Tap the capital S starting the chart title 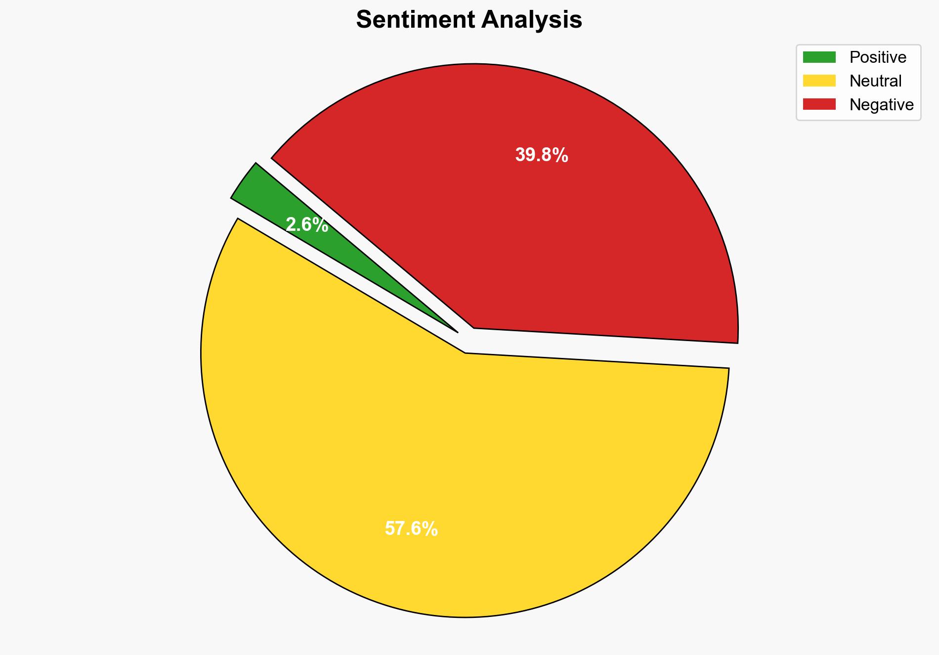364,20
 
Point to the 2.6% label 307,225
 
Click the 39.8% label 542,155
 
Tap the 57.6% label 411,529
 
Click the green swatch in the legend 819,57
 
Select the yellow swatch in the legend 819,81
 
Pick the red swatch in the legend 819,104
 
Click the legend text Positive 878,57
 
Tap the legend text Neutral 875,81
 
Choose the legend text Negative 881,105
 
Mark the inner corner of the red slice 474,327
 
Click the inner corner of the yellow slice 465,352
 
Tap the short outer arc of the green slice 243,180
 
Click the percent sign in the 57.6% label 430,529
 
